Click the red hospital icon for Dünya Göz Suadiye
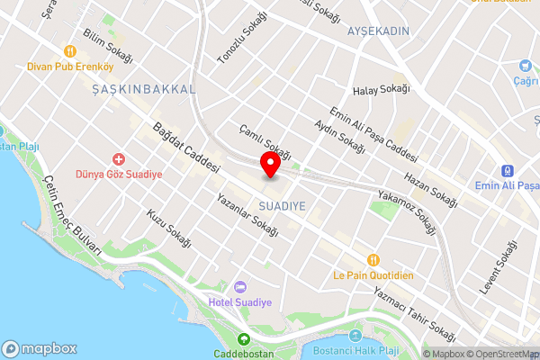[117, 159]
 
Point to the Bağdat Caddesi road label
[187, 148]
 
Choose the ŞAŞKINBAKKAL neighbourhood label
[144, 89]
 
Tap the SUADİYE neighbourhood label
[282, 206]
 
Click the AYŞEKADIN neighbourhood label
[378, 31]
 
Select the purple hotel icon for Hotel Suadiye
[238, 285]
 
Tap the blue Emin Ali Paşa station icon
[507, 169]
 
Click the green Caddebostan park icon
[243, 339]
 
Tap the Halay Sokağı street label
[382, 89]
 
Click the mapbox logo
[40, 348]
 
